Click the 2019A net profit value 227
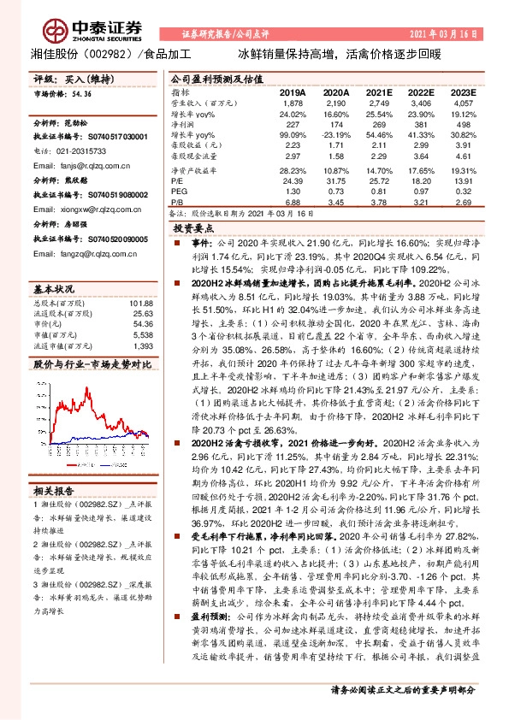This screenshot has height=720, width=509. (293, 125)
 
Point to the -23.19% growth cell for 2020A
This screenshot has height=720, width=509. (335, 135)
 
